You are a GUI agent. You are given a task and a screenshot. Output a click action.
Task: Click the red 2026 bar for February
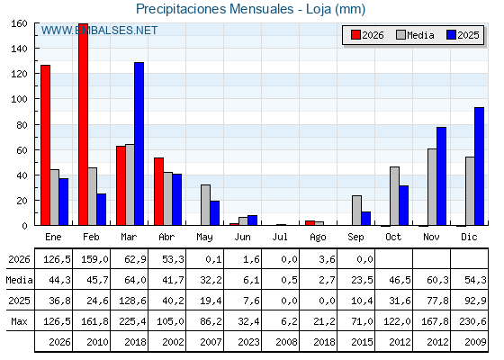tap(83, 124)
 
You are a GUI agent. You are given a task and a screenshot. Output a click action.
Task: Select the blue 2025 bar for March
tap(139, 144)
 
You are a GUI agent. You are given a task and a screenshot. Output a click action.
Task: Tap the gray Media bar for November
tap(432, 187)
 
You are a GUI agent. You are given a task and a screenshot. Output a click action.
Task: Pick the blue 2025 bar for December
tap(479, 166)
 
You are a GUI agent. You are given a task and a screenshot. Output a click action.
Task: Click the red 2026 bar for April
tap(158, 192)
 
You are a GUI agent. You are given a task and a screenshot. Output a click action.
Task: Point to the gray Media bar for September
tap(356, 211)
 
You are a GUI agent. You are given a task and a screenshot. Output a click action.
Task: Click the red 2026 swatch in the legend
tap(355, 35)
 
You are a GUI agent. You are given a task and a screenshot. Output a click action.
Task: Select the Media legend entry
tap(415, 35)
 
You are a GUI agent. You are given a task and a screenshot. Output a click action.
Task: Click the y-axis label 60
tap(22, 150)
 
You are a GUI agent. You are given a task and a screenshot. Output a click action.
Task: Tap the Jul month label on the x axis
tap(280, 237)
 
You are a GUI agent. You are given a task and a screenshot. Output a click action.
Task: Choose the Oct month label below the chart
tap(393, 237)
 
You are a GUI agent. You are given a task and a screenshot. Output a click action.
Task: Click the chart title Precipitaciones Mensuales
tap(215, 9)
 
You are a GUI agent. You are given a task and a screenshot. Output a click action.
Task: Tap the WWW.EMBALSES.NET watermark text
tap(99, 31)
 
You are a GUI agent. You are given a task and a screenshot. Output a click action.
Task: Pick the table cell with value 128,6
tap(132, 301)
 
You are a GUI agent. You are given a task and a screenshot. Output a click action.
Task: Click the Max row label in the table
tap(19, 321)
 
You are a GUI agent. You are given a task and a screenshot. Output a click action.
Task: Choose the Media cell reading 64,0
tap(135, 280)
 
